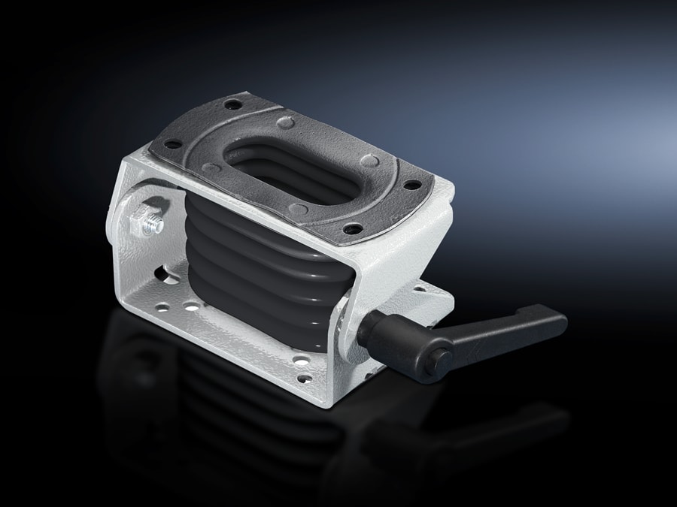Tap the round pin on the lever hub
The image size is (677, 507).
coord(439,363)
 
